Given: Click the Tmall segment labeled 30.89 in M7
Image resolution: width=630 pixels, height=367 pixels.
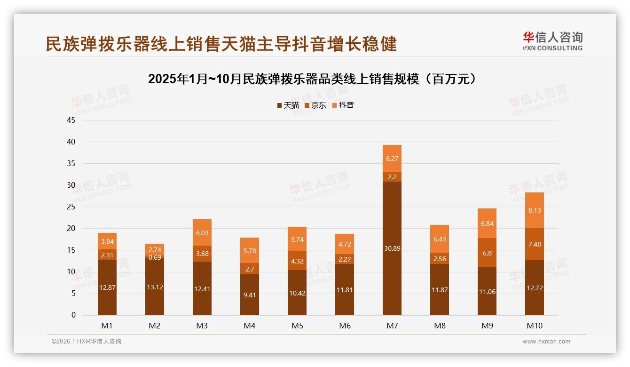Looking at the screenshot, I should pos(392,248).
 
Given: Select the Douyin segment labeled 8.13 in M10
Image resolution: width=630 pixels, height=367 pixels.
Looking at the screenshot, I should pos(535,210).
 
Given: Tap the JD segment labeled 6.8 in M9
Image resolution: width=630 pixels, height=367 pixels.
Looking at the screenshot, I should pos(487,253).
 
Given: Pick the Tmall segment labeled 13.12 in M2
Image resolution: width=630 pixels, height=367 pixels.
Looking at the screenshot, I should pos(155,287).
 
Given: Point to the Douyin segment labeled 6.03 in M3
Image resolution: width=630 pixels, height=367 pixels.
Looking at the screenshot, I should pos(202,232).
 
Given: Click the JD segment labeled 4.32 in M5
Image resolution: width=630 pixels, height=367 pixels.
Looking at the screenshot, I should pos(297,261).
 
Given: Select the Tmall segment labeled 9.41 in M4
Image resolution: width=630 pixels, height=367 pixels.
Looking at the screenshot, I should pos(250,295).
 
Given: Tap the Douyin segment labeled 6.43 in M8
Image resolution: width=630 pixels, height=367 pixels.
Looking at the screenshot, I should pos(440,239).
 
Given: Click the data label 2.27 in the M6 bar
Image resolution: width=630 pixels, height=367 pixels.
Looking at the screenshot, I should pos(345,259).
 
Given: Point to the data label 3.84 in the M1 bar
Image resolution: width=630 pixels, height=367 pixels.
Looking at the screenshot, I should pos(107,241).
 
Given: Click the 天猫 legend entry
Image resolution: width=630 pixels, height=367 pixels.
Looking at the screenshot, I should pos(288,105).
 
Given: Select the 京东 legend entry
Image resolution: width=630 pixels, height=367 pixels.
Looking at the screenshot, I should pos(315,105).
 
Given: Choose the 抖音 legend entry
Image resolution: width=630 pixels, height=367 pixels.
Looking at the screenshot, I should pos(343,105).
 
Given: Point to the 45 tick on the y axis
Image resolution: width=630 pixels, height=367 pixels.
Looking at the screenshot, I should pos(71,120).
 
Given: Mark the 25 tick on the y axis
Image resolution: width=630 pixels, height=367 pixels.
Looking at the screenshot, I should pos(71,207).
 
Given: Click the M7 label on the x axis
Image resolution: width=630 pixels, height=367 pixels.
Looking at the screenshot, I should pos(392,326).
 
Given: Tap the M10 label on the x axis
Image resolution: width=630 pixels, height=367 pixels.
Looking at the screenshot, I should pos(535,326).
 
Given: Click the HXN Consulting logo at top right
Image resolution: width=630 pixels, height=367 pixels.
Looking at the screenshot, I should pos(552,41).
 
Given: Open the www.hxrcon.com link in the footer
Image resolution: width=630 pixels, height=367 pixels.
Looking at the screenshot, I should pos(546,342).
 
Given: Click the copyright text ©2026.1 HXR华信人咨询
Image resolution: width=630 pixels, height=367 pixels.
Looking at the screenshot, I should pos(87,342).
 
